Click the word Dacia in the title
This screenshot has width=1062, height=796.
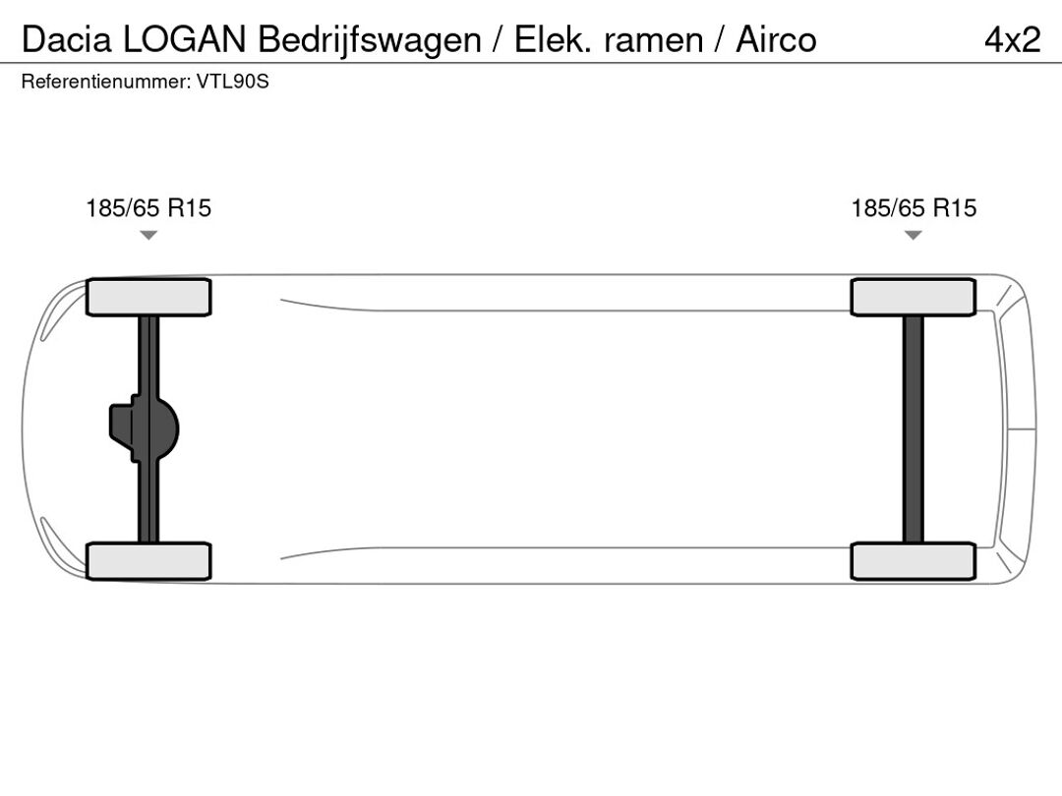(67, 39)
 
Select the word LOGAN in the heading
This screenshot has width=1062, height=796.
(184, 39)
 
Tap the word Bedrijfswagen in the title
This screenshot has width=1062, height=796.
(370, 40)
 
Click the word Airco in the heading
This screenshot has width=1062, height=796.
(776, 39)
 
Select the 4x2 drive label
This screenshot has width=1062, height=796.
(1013, 40)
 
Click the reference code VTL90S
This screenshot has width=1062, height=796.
(233, 82)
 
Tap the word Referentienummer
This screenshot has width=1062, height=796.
(106, 82)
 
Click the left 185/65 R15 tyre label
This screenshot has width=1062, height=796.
(148, 207)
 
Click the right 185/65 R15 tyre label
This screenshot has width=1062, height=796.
(914, 207)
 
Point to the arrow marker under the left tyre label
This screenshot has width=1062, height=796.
(148, 235)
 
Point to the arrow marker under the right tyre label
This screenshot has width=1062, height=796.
(913, 235)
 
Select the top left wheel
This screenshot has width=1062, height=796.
(148, 297)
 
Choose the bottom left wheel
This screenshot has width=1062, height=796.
(148, 561)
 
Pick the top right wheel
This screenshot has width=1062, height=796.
(913, 297)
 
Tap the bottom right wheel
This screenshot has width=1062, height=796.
(913, 561)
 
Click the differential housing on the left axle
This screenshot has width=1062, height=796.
(144, 429)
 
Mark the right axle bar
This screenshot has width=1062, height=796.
(913, 429)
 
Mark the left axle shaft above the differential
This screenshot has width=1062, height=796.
(148, 356)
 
